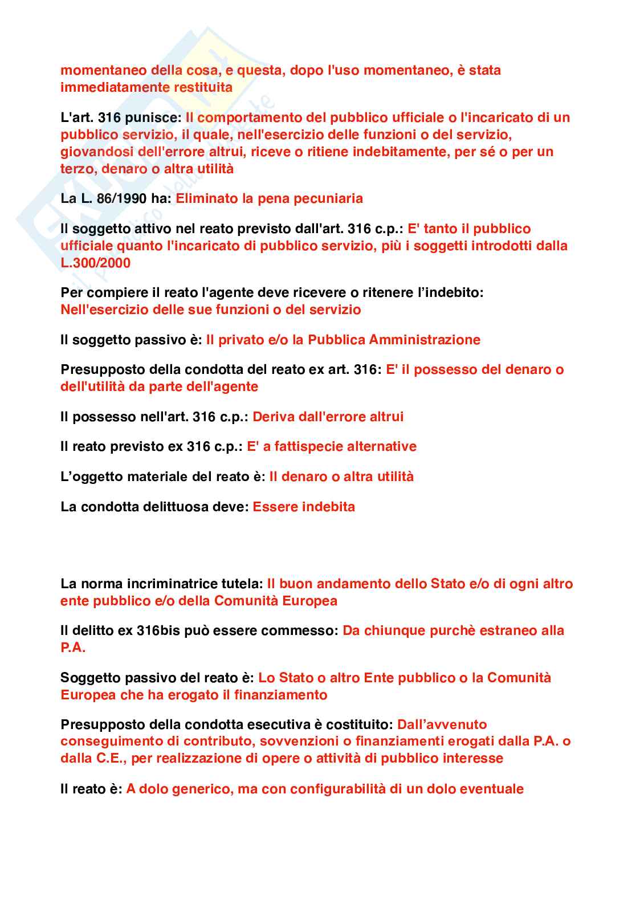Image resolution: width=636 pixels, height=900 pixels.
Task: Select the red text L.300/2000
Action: [x=95, y=263]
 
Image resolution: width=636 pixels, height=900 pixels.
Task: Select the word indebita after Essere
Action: [x=328, y=507]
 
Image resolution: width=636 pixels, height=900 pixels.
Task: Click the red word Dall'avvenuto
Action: [x=442, y=724]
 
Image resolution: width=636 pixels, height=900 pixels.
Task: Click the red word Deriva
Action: [x=271, y=417]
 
